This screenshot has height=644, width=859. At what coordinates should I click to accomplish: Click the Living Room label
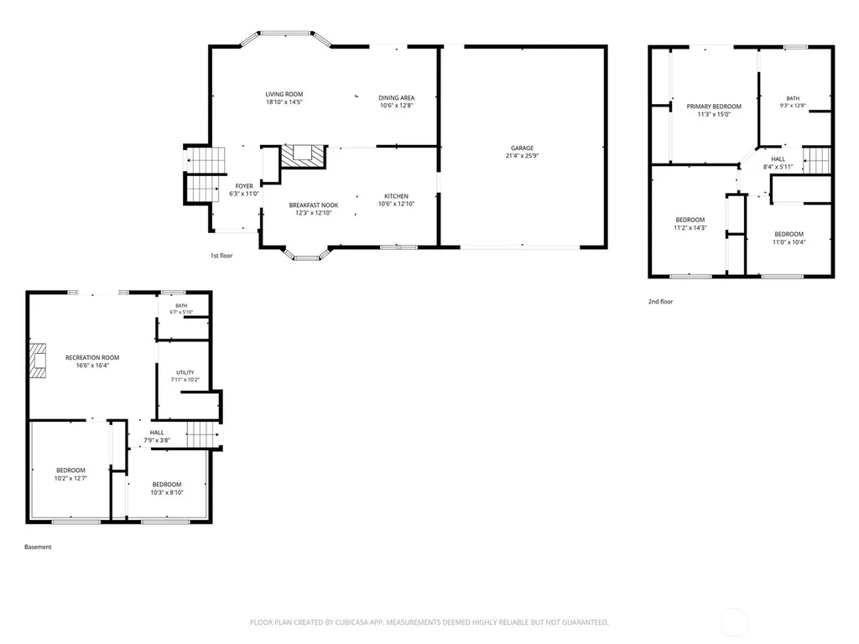[284, 94]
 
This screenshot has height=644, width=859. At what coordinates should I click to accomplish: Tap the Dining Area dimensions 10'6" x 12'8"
[396, 106]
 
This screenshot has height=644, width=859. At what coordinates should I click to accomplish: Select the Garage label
[522, 148]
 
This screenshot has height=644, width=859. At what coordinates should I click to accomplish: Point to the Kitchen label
[396, 196]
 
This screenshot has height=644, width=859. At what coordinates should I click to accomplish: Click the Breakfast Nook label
[314, 205]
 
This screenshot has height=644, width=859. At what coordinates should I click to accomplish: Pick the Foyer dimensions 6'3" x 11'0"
[244, 194]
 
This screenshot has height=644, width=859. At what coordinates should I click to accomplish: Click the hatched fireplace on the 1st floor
[303, 156]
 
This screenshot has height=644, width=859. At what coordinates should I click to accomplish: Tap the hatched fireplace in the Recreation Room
[38, 361]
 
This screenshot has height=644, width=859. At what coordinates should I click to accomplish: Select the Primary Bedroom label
[714, 106]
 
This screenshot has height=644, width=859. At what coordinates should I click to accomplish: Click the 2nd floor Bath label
[793, 99]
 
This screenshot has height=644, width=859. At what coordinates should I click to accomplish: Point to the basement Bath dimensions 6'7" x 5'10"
[181, 312]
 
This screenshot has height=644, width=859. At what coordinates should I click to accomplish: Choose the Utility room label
[185, 372]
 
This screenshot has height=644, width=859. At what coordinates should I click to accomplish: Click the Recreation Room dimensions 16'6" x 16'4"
[92, 366]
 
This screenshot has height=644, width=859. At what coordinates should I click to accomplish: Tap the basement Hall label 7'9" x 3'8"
[157, 436]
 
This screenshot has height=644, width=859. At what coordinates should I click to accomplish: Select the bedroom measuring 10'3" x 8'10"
[167, 489]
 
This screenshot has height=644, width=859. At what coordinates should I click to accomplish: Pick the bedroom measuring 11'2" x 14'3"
[690, 224]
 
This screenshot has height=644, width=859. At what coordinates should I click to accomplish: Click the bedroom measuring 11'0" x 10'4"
[789, 238]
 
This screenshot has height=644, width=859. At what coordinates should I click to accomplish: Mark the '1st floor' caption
[221, 256]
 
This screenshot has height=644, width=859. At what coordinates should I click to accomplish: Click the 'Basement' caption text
[38, 547]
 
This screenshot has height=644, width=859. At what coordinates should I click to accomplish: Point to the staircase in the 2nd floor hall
[817, 160]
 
